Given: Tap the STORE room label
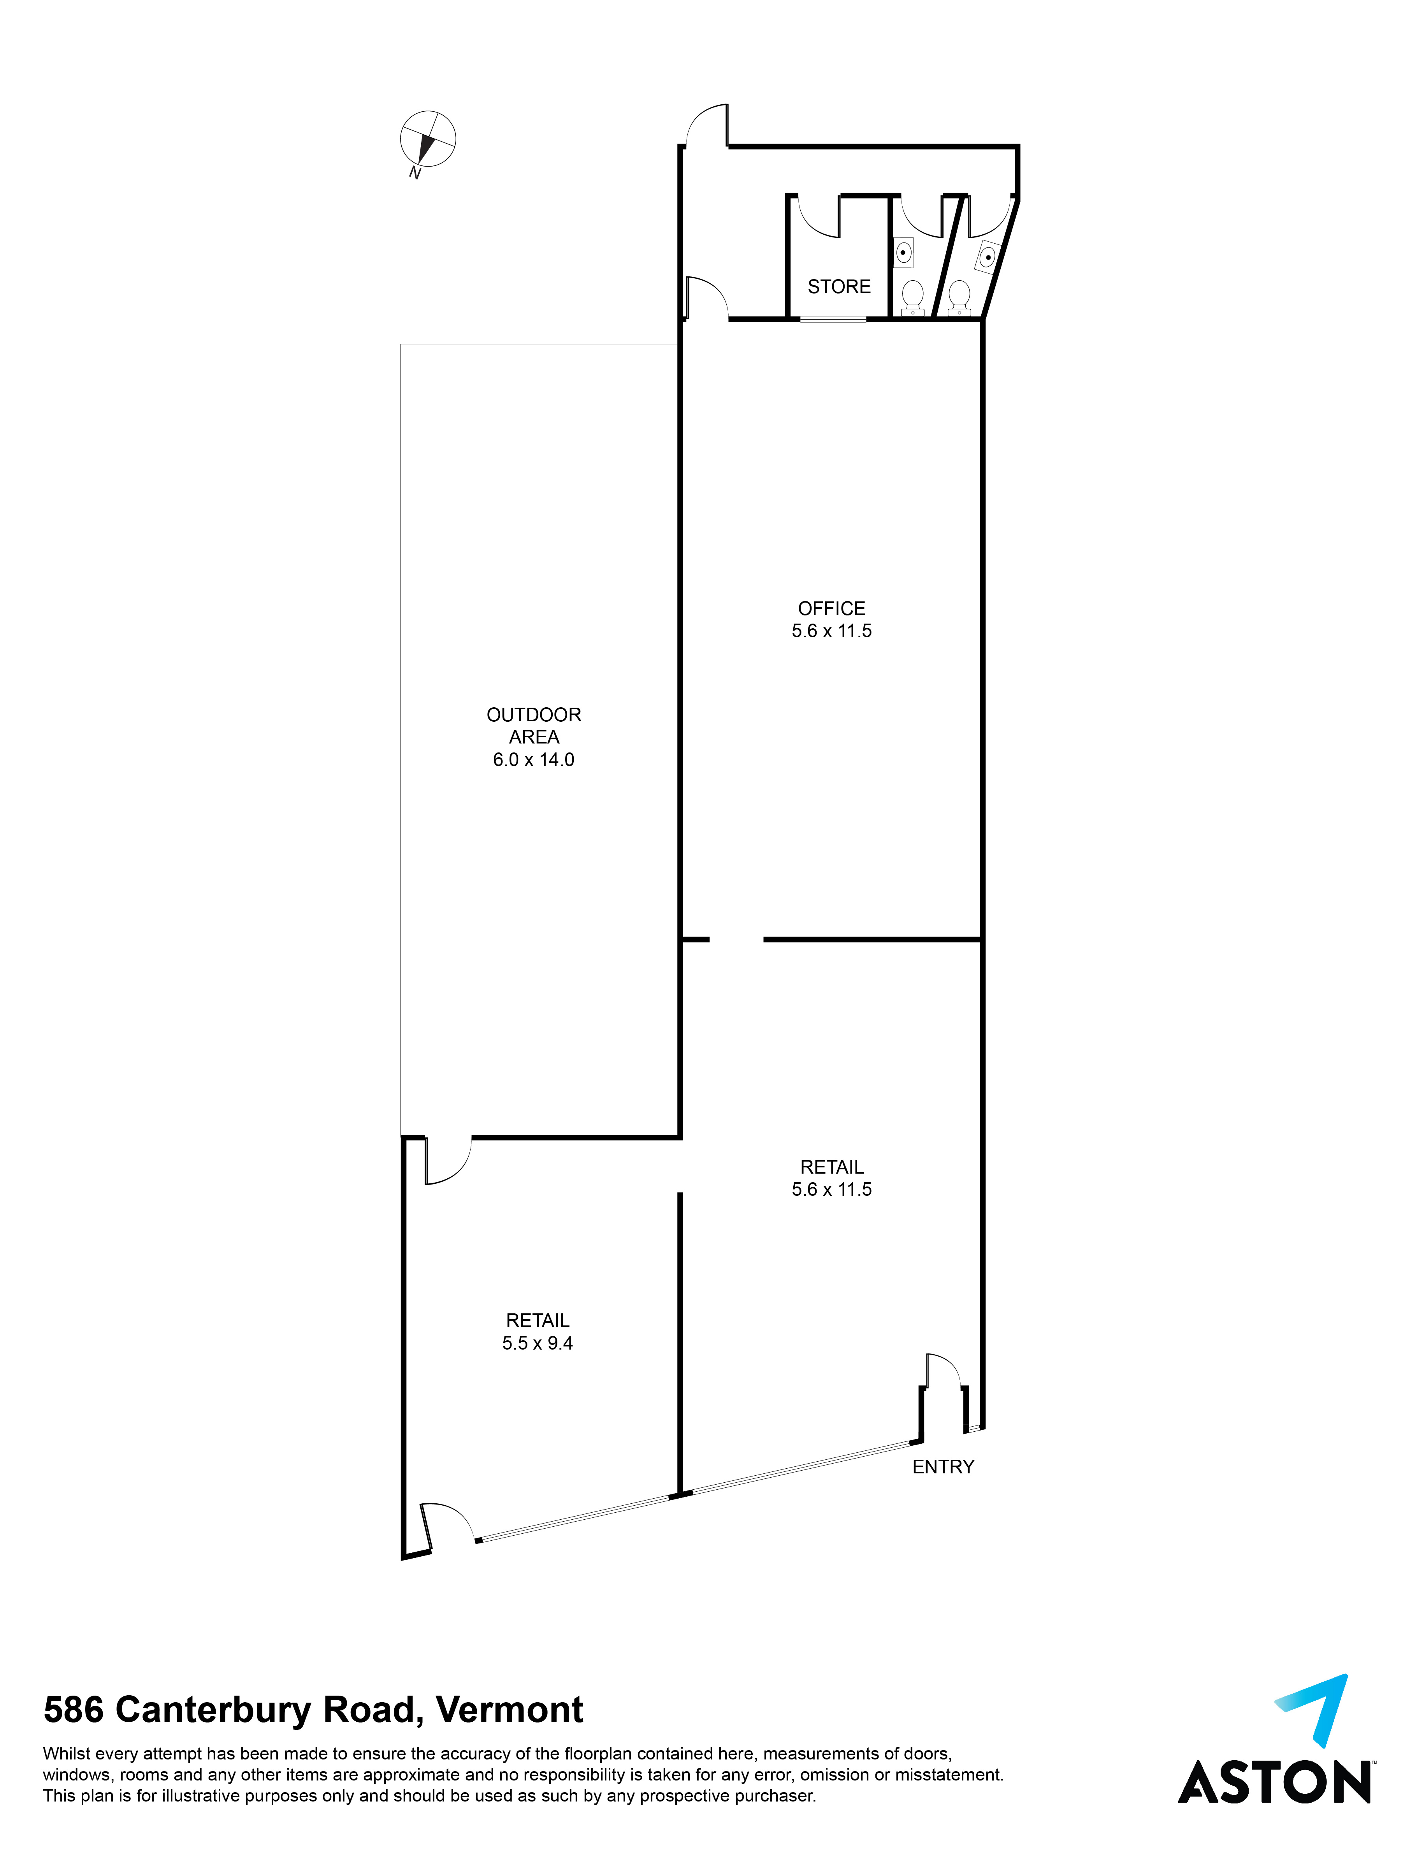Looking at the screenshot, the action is [x=839, y=287].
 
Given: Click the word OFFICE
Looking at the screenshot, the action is [x=831, y=608].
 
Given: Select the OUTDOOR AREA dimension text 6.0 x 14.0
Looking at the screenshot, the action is [x=533, y=759].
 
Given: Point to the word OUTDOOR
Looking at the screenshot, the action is [x=533, y=715].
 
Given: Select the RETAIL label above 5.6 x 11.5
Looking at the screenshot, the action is [x=831, y=1167].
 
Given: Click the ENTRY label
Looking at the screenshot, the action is [x=943, y=1467].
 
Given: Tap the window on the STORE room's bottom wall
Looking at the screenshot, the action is [x=833, y=319].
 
